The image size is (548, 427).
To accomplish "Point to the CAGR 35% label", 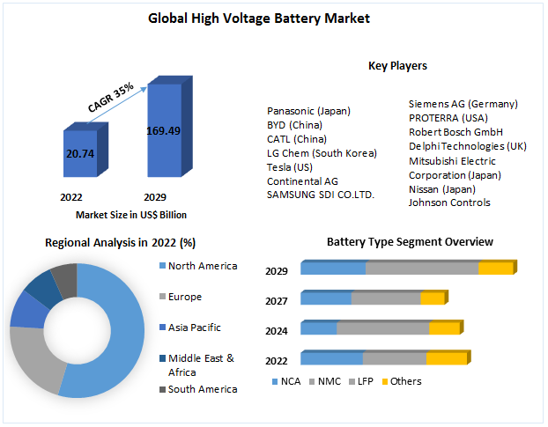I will pyautogui.click(x=111, y=97).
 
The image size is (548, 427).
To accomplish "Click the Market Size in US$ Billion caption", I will pyautogui.click(x=130, y=215).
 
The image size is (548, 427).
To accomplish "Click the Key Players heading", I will pyautogui.click(x=397, y=65).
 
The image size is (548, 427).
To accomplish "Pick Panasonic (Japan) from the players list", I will pyautogui.click(x=308, y=111).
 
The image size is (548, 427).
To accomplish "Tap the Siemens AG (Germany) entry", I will pyautogui.click(x=463, y=104).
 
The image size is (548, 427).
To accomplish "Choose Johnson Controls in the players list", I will pyautogui.click(x=449, y=202).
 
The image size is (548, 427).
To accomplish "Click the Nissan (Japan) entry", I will pyautogui.click(x=441, y=188).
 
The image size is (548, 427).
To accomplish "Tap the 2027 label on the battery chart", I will pyautogui.click(x=277, y=301).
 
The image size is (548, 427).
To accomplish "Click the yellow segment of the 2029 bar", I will pyautogui.click(x=494, y=269).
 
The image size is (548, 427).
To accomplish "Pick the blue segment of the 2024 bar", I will pyautogui.click(x=318, y=328).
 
